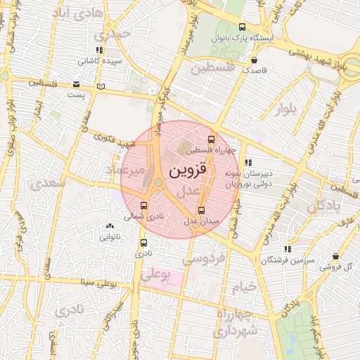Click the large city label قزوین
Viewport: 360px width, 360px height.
(187, 170)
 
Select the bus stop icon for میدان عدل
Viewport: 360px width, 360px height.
(202, 210)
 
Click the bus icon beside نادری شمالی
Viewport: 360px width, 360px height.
(144, 205)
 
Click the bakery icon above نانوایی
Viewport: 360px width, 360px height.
(109, 226)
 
